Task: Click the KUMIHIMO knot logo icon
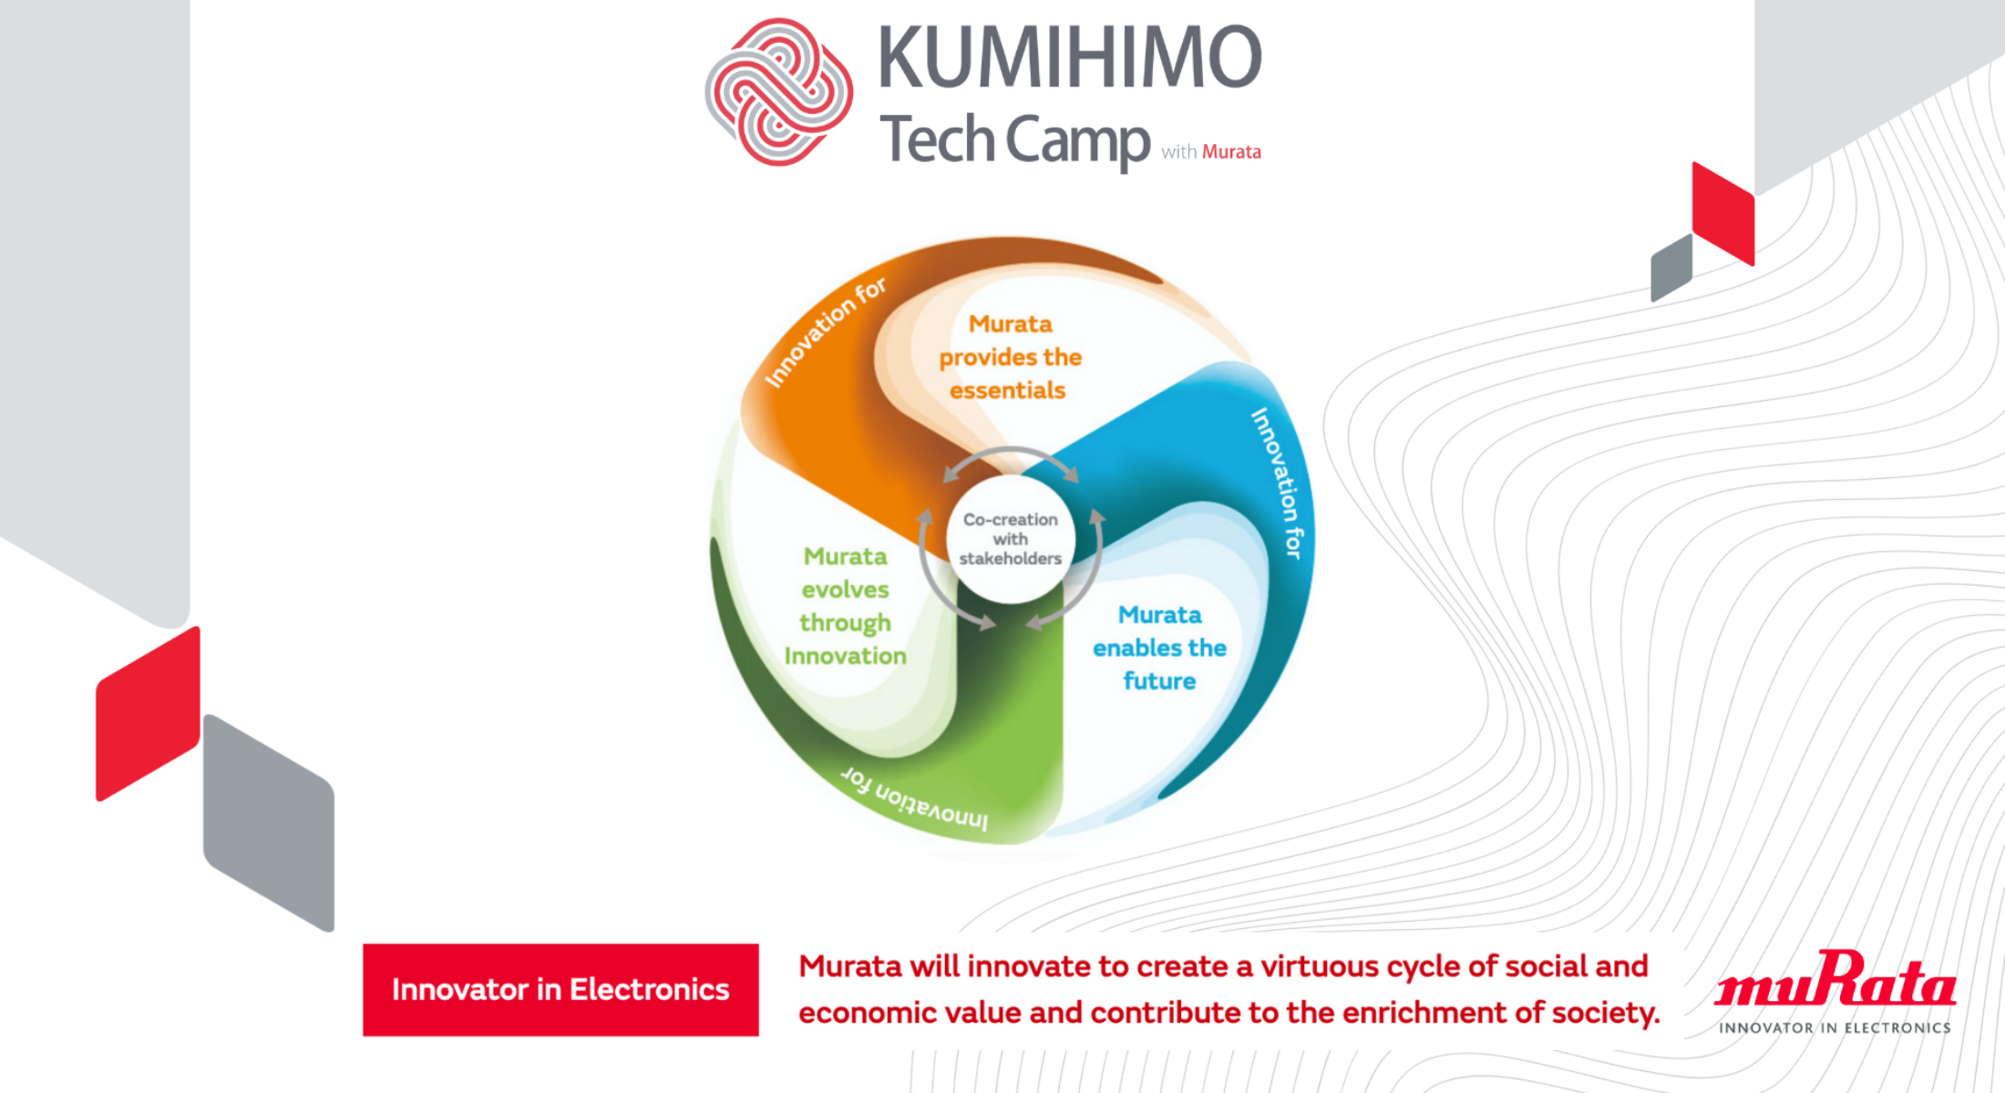(x=779, y=92)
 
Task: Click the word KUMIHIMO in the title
(x=1070, y=56)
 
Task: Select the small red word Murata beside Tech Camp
(x=1231, y=152)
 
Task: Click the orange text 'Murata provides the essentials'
(x=1010, y=357)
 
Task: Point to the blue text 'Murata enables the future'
(x=1159, y=648)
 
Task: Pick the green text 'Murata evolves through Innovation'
(x=845, y=606)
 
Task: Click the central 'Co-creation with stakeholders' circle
(x=1011, y=539)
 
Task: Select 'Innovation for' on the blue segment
(x=1278, y=483)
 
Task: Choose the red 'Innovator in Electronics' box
(x=560, y=989)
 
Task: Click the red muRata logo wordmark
(x=1835, y=978)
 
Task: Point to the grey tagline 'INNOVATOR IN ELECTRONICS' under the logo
(x=1835, y=1027)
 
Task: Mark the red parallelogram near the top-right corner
(x=1723, y=213)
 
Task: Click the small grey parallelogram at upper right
(x=1671, y=268)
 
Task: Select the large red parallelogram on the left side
(x=148, y=714)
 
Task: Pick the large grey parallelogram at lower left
(x=269, y=822)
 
